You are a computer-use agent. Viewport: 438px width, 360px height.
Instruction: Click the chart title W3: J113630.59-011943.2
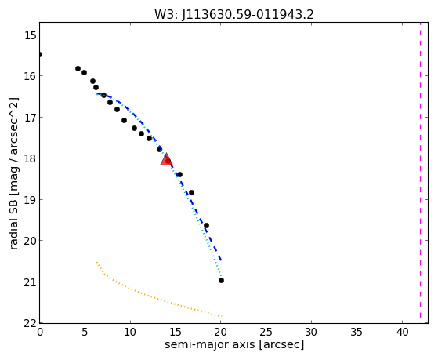[234, 14]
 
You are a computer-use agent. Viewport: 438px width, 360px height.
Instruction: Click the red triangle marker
[166, 160]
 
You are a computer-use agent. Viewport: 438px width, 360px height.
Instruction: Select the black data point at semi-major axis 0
[40, 55]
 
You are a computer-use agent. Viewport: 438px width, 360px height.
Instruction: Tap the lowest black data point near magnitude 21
[221, 280]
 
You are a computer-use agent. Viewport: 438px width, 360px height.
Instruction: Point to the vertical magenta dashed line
[420, 173]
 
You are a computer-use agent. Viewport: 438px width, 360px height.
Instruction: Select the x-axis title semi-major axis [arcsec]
[234, 344]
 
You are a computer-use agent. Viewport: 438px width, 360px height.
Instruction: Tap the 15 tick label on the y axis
[31, 35]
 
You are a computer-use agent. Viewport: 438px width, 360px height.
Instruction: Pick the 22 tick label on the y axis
[31, 324]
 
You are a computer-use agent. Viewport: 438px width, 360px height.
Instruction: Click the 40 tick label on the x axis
[402, 332]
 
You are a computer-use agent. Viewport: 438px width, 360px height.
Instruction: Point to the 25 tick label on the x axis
[266, 332]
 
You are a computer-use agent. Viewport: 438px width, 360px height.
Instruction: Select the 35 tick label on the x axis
[357, 332]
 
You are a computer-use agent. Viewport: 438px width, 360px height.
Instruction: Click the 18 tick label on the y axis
[31, 158]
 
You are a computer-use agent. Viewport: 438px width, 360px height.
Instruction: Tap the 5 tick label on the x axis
[85, 332]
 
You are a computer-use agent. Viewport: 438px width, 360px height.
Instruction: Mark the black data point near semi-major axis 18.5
[206, 225]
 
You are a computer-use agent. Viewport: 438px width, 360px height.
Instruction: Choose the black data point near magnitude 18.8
[191, 192]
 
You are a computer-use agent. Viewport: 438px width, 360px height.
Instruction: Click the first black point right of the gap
[78, 68]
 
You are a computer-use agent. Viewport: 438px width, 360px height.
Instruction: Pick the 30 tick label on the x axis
[311, 332]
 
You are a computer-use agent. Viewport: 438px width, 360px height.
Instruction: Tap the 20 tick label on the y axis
[31, 241]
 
